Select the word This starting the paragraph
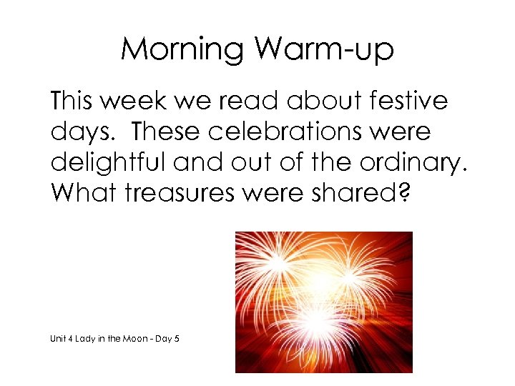click(x=72, y=101)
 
